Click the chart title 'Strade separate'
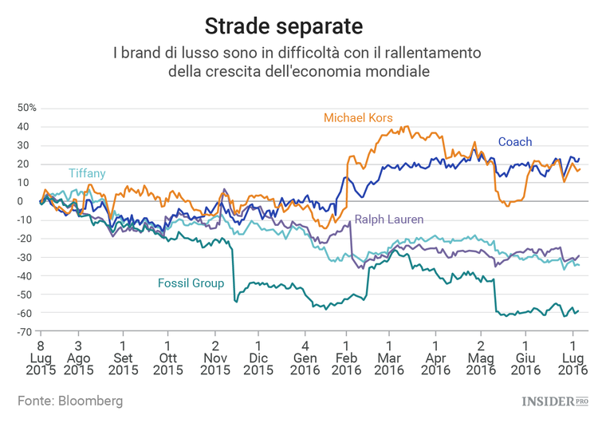[284, 26]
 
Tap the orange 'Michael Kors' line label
[358, 117]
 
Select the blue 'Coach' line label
[515, 142]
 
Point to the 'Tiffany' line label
[87, 173]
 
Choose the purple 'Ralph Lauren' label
[389, 219]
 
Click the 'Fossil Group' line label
[191, 283]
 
